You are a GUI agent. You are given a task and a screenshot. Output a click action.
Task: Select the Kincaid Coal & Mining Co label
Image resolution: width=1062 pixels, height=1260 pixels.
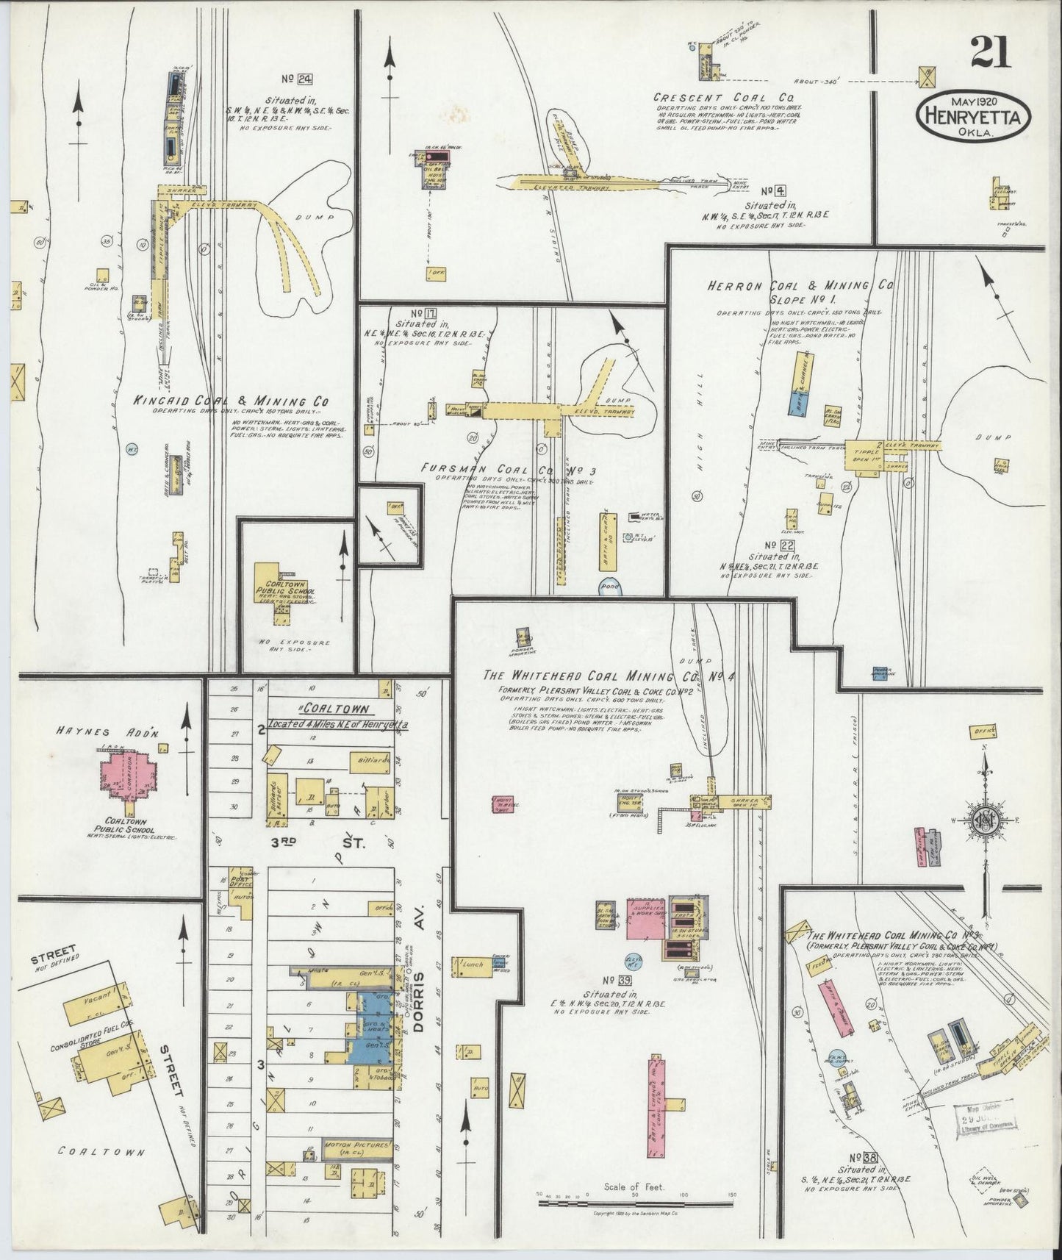[x=230, y=402]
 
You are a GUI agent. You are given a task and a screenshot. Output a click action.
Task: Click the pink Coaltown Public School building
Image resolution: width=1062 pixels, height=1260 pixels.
[x=130, y=772]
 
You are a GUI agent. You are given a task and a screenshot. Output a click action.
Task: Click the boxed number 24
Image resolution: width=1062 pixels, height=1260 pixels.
[x=296, y=78]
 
